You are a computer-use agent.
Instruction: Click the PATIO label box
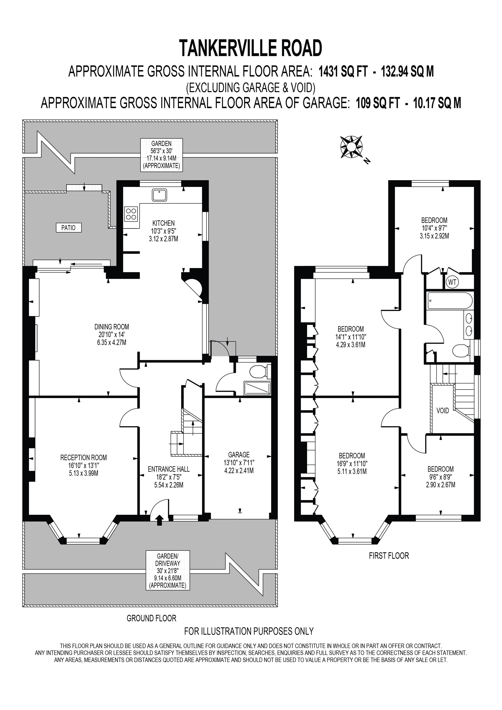click(68, 228)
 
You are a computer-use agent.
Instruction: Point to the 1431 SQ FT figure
click(343, 72)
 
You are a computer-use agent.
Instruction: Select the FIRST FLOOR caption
click(389, 556)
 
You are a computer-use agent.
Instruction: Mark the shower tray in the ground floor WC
click(257, 388)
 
